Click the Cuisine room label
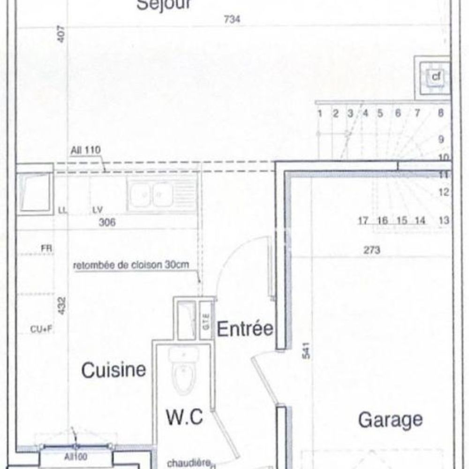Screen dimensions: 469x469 point(113,370)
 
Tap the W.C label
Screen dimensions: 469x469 point(185,416)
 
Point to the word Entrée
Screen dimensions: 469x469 point(244,328)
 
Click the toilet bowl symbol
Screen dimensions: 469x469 point(183,378)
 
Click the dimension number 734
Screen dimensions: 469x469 point(232,20)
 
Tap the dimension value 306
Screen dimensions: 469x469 point(107,222)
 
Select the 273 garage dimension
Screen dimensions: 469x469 point(371,250)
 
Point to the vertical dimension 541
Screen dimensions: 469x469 point(306,351)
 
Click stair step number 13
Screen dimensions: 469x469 point(444,220)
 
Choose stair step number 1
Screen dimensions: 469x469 point(319,113)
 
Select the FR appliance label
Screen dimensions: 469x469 point(46,249)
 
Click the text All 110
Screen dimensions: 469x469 point(85,151)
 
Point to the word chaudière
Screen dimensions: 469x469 point(189,463)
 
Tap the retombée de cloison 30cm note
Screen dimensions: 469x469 point(131,265)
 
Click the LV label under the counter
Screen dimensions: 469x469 point(98,210)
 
